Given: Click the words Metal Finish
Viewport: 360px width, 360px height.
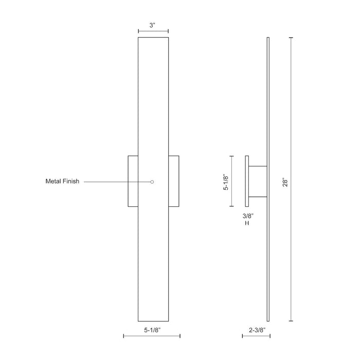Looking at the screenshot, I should pos(62,182).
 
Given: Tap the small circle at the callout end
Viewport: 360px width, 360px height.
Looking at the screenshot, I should pos(152,182).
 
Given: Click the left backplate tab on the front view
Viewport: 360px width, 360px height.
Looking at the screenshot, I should pos(133,181).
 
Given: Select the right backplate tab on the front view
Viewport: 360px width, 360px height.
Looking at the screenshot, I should pos(174,181).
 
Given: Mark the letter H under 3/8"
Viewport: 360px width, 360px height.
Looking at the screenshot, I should pos(247,224).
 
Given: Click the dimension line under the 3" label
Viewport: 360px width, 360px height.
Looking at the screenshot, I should pos(153,32).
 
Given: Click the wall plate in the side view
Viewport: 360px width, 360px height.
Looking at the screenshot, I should pos(247,181).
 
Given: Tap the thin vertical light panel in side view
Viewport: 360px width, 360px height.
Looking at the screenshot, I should pos(268,103).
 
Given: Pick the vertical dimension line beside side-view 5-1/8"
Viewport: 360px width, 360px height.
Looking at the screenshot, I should pos(231,182).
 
